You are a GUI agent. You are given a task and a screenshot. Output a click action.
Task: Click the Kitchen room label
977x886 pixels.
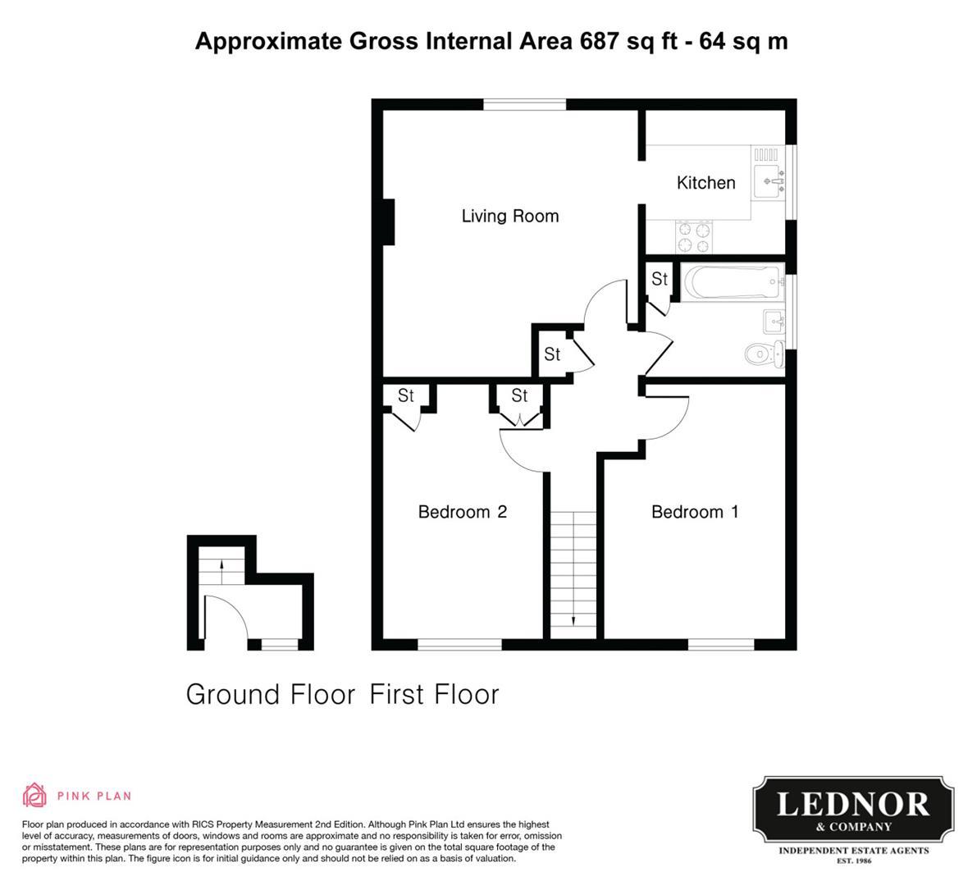706,183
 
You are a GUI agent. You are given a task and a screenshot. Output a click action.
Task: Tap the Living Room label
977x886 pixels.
510,217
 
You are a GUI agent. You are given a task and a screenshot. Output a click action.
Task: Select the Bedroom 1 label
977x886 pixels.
695,512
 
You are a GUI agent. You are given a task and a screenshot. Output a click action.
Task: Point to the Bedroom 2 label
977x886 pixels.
463,512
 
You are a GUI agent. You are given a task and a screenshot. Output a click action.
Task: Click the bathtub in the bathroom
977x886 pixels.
732,282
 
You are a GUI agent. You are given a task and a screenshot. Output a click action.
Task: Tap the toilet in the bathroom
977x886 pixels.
765,354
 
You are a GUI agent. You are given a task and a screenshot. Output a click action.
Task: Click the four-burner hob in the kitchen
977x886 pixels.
694,237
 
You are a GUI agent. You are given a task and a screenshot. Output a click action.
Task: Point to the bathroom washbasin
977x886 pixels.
774,322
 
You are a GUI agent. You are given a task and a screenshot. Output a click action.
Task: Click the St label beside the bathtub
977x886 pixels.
660,279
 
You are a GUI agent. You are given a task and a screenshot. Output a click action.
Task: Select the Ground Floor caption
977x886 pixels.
271,694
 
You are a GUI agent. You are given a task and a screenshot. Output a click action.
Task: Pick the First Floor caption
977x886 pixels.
434,694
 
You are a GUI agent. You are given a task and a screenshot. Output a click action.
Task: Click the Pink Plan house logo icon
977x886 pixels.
35,795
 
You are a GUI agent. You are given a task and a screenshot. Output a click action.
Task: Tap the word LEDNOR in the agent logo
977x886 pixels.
853,805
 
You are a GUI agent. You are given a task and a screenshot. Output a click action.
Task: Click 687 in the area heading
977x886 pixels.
600,41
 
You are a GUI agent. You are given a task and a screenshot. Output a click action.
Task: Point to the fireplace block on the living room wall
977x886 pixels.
388,221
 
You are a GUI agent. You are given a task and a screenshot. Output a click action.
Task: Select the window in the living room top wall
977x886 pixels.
525,104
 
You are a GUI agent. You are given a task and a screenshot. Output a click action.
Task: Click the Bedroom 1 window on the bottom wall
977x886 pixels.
721,644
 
